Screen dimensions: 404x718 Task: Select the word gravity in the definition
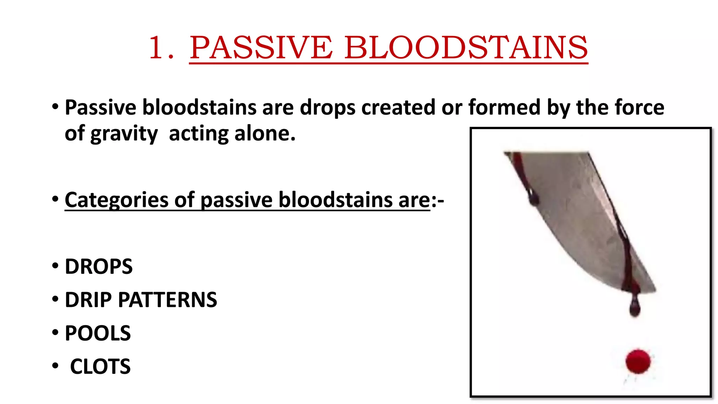(x=124, y=134)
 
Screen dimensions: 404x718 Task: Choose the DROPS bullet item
(x=99, y=267)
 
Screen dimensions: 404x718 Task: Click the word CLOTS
(x=100, y=366)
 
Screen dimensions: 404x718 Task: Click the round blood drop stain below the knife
(x=638, y=361)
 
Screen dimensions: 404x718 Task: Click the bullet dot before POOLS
(x=55, y=332)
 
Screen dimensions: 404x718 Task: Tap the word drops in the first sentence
(x=327, y=107)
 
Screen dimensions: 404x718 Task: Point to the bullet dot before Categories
(x=55, y=199)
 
